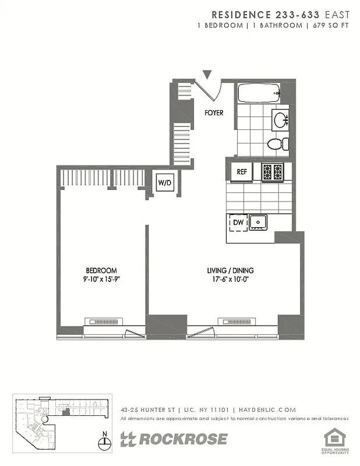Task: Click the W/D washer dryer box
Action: click(164, 183)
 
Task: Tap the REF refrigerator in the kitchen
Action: click(241, 172)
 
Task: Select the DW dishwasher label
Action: click(238, 222)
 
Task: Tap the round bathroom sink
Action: click(281, 121)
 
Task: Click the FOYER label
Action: click(214, 112)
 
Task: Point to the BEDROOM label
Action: click(101, 270)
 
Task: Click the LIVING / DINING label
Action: click(230, 270)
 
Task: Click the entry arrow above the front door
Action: click(207, 74)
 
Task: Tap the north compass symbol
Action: click(104, 442)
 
